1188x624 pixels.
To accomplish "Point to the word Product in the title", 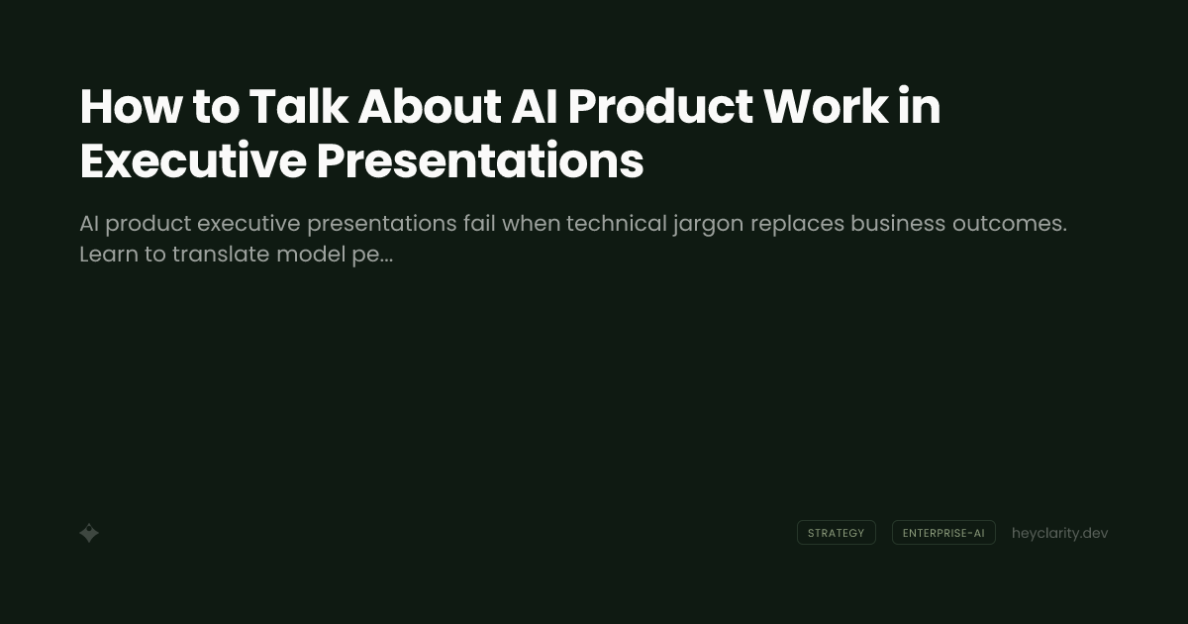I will [660, 106].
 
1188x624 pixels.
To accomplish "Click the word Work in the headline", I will [826, 106].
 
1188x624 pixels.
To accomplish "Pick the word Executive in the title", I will [192, 161].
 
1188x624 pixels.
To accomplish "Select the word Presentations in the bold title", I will [480, 161].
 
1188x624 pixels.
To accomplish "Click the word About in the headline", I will [429, 106].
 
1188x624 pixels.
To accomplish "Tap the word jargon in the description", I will [709, 224].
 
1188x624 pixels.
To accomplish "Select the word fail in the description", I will [478, 224].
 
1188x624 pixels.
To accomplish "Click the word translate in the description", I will [221, 255].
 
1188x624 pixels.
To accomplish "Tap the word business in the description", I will [898, 224].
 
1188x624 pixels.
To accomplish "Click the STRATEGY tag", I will [836, 533].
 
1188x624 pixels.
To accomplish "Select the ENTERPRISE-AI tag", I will [943, 533].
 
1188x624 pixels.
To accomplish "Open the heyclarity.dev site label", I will [1059, 533].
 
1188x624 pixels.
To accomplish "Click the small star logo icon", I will [89, 533].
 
